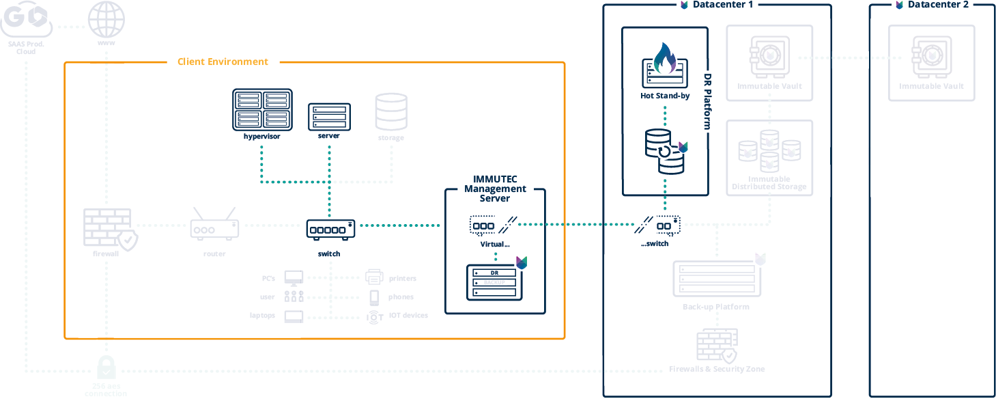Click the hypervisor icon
click(x=262, y=109)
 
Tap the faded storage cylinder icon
click(x=391, y=112)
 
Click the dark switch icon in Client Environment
click(x=330, y=230)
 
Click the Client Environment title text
click(x=223, y=61)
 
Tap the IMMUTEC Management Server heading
click(x=495, y=189)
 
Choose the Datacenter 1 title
click(x=724, y=5)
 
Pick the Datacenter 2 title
click(x=938, y=5)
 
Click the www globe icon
click(x=107, y=19)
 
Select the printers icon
click(x=373, y=277)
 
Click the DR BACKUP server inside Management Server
click(x=492, y=281)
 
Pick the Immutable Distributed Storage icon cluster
click(x=769, y=150)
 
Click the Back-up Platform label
click(x=715, y=307)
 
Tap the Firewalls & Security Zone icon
click(x=717, y=346)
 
